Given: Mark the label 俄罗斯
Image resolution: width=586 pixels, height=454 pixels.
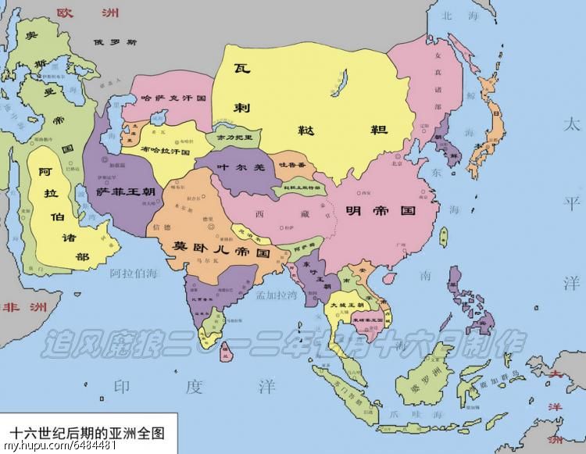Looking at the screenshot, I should coord(114,43).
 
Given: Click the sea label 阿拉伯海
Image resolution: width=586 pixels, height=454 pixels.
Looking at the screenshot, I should coord(134,273).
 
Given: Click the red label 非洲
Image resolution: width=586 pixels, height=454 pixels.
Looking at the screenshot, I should coord(23,306).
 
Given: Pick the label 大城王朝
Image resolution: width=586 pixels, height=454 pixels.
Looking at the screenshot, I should coord(345,304).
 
